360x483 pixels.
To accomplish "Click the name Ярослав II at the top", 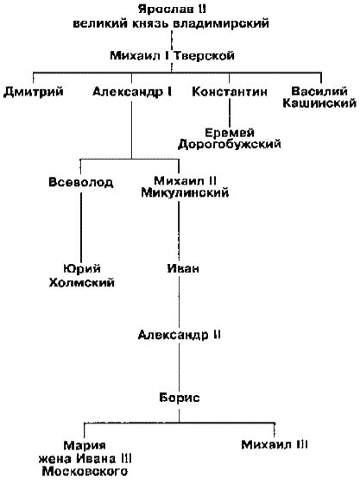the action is pos(172,9).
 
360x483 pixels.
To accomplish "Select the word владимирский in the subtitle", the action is pos(221,23).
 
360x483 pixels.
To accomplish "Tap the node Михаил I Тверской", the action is pos(173,56).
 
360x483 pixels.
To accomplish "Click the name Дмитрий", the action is pos(34,91).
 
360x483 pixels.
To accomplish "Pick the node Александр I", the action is pos(132,91).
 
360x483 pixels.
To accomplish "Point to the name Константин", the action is pos(230,91).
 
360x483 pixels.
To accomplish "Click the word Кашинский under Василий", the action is pos(319,103).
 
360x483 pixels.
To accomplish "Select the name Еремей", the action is pos(230,133).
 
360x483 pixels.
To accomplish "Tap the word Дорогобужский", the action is pos(230,144).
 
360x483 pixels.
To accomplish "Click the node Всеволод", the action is pos(81,182).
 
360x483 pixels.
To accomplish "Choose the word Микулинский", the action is pos(185,193).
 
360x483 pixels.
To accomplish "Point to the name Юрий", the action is pos(82,268).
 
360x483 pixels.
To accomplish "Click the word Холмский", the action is pos(82,283).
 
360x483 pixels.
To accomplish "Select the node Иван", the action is pos(183,268).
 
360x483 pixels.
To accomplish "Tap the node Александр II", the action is pos(180,335).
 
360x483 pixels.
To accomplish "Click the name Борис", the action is pos(180,398).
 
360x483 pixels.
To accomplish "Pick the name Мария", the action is pos(85,446).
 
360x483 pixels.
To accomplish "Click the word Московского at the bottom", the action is pos(85,472).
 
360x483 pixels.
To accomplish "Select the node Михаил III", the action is pos(275,445).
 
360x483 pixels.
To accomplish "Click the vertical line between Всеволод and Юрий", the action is pos(81,226).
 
